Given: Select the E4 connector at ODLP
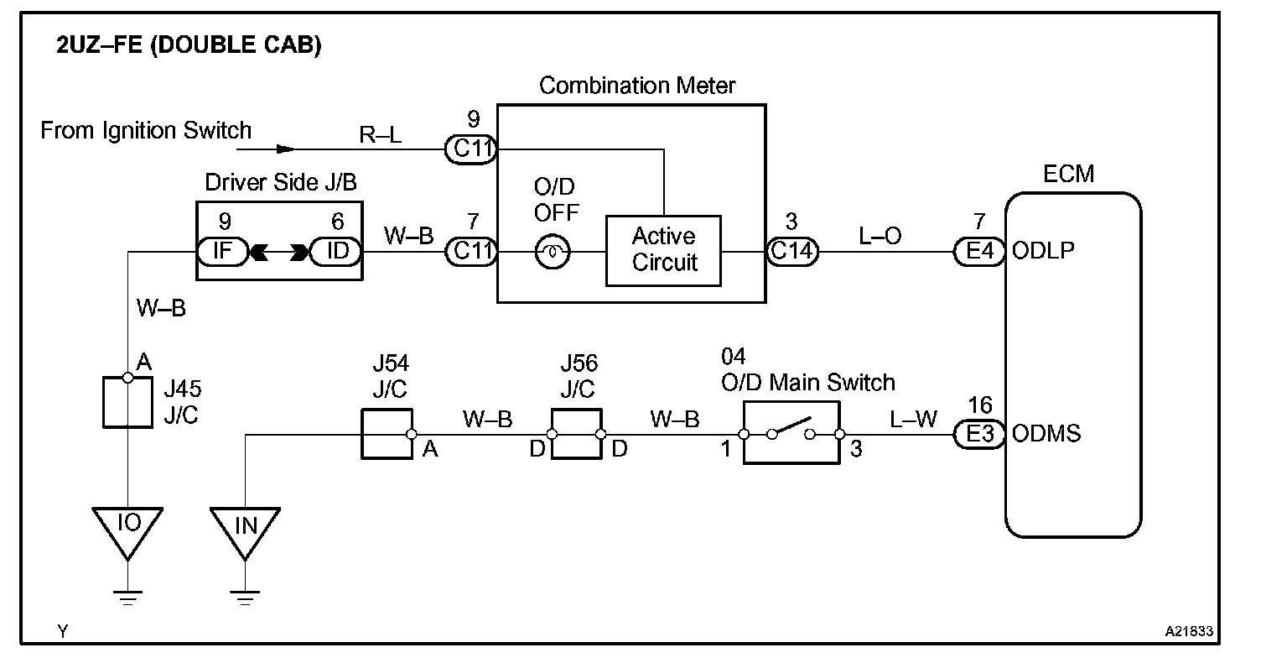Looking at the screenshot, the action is pos(979,251).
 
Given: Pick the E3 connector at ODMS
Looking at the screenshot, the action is pos(979,435).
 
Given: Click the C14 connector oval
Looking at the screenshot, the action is pos(792,251).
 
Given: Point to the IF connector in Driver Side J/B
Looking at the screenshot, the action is pos(223,251).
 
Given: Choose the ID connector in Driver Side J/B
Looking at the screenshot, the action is pos(336,251).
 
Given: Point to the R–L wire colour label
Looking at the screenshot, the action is pos(381,135).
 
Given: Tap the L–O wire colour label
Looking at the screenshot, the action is pos(880,236).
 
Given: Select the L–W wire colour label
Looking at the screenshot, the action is pos(913,419).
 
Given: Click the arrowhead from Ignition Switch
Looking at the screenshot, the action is pos(285,149).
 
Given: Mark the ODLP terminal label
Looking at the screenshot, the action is pos(1043,251).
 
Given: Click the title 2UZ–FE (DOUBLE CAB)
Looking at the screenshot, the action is pos(189,45).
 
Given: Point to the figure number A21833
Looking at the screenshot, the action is pos(1189,631).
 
